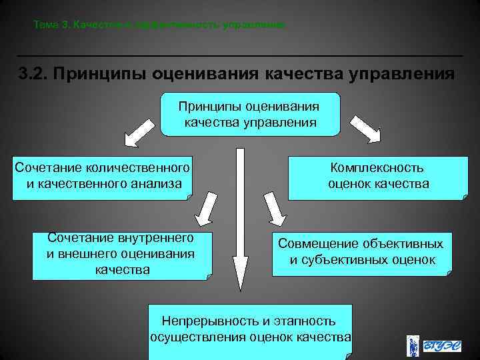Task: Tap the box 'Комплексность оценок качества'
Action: pyautogui.click(x=378, y=177)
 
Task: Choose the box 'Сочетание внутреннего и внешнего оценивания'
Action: pyautogui.click(x=121, y=255)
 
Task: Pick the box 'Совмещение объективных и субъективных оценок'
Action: pyautogui.click(x=361, y=252)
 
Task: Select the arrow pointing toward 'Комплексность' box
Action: pyautogui.click(x=365, y=129)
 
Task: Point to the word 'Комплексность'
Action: pyautogui.click(x=377, y=169)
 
